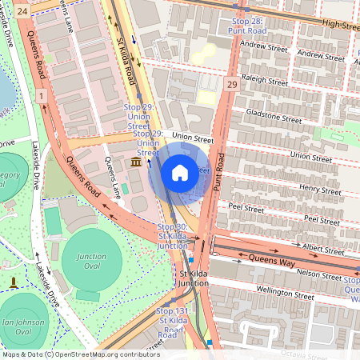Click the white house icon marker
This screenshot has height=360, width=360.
(x=180, y=172)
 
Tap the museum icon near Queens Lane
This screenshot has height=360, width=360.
(x=136, y=163)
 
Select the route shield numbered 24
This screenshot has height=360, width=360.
(x=22, y=11)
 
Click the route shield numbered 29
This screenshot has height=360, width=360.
(x=232, y=85)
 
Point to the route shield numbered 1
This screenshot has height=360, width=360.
(x=39, y=96)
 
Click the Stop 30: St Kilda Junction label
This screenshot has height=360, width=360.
(x=171, y=237)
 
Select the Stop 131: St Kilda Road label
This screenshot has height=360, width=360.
(x=171, y=322)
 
